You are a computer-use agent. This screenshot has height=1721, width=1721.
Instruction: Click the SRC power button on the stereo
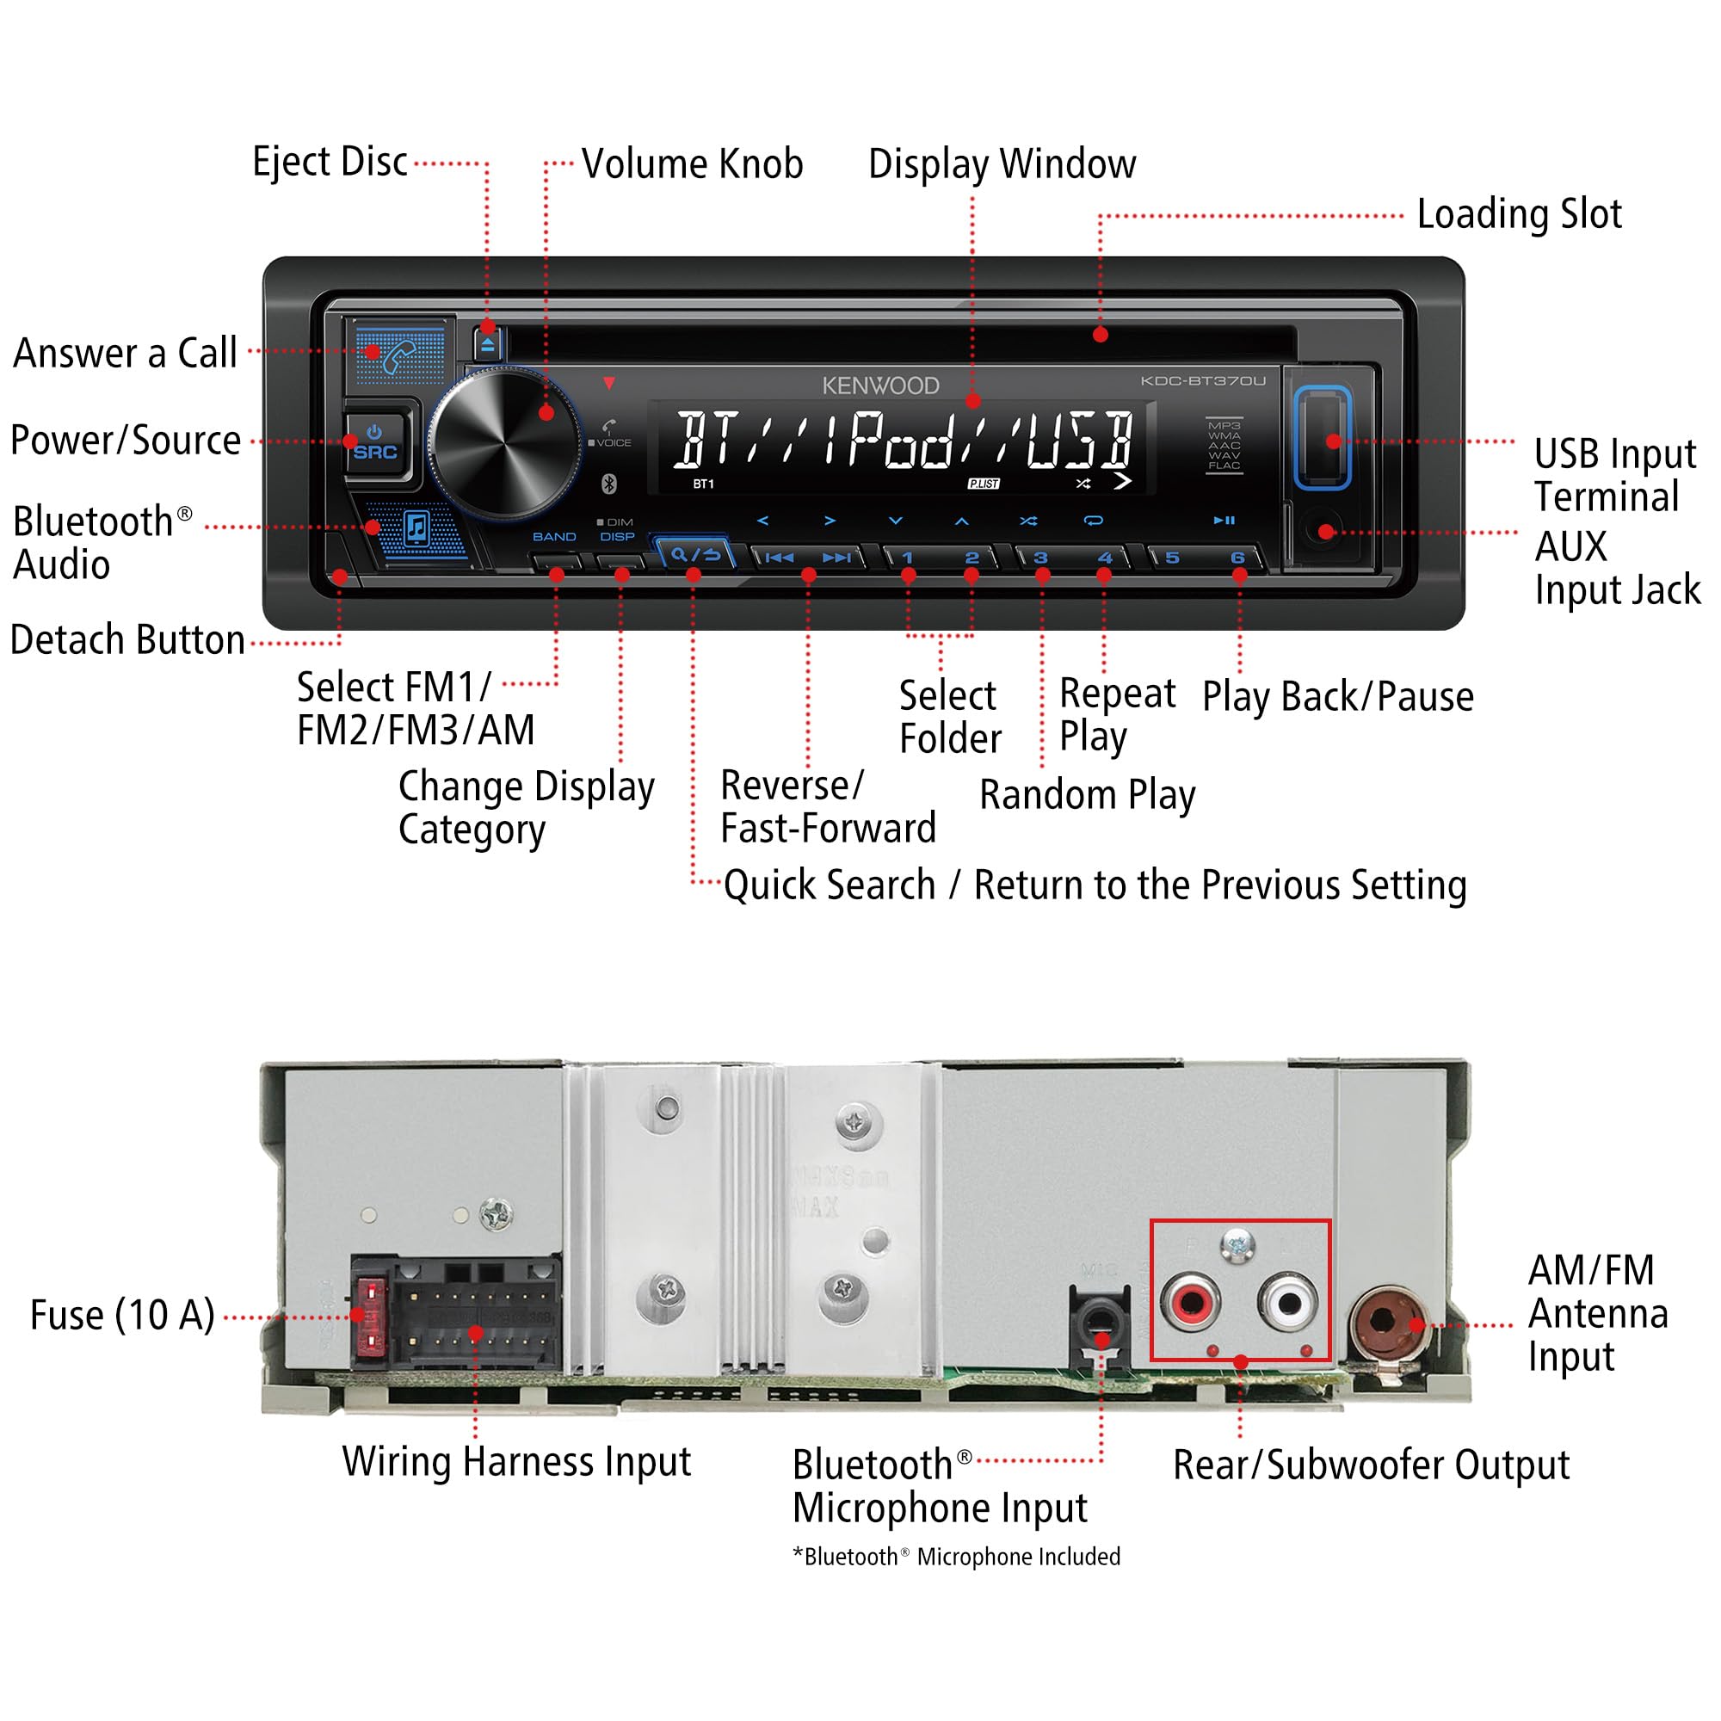(x=375, y=442)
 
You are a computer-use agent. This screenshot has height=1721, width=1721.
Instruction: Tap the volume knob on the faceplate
(x=504, y=442)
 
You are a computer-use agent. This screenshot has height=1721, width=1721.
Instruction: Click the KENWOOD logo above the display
(x=880, y=386)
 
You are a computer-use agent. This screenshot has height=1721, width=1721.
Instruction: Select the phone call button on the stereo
(x=400, y=355)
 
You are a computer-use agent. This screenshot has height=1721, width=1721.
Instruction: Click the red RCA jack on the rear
(x=1190, y=1302)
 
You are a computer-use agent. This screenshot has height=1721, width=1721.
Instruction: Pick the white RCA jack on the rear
(x=1288, y=1302)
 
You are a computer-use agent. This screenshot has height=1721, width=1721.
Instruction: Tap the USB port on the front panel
(x=1322, y=437)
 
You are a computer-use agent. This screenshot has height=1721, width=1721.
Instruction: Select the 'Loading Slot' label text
(x=1519, y=214)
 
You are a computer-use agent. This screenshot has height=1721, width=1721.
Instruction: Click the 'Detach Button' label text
(x=127, y=640)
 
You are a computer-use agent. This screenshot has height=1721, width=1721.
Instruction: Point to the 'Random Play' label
(x=1087, y=794)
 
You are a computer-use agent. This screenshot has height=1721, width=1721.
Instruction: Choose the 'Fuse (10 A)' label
(x=123, y=1316)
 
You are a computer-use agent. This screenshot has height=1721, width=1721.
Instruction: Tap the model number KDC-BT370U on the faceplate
(x=1203, y=381)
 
